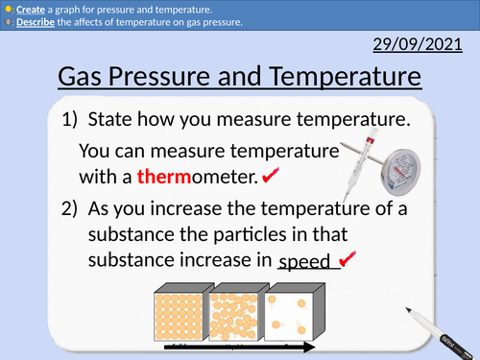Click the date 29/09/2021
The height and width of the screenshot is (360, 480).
426,44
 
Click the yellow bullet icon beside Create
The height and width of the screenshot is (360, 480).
8,9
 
